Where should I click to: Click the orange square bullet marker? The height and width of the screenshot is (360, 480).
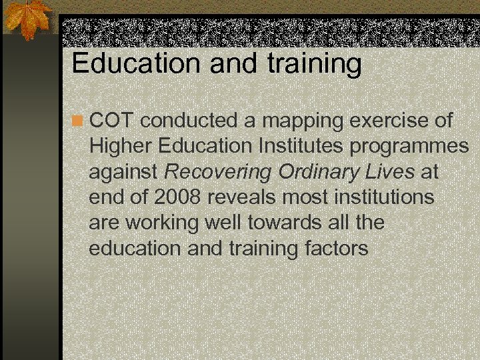78,121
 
